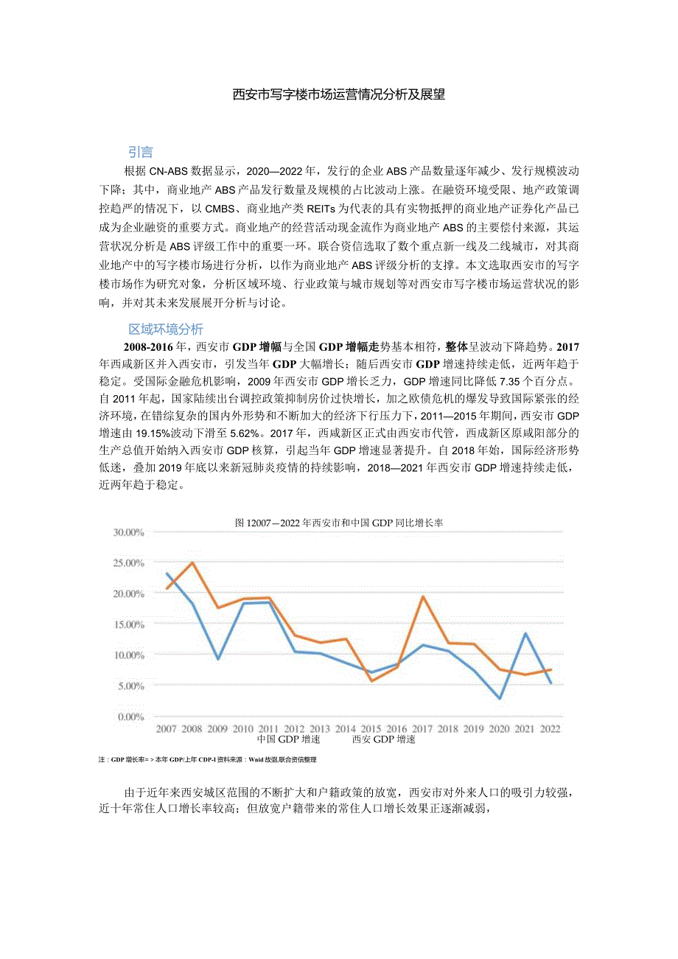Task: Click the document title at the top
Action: click(338, 94)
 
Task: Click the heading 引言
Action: click(141, 153)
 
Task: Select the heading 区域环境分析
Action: click(166, 329)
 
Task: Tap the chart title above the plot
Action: click(338, 522)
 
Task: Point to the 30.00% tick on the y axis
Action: click(128, 531)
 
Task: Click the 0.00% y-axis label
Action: click(130, 716)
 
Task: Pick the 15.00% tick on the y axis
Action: click(128, 624)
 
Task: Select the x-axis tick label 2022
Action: click(549, 728)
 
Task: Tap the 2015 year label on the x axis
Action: click(371, 728)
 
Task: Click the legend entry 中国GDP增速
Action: click(288, 739)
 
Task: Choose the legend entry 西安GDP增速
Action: click(383, 739)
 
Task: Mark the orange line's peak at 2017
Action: click(423, 596)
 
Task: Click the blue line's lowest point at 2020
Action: click(500, 699)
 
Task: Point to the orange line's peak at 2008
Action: click(192, 563)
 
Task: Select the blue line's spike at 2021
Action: click(525, 633)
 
